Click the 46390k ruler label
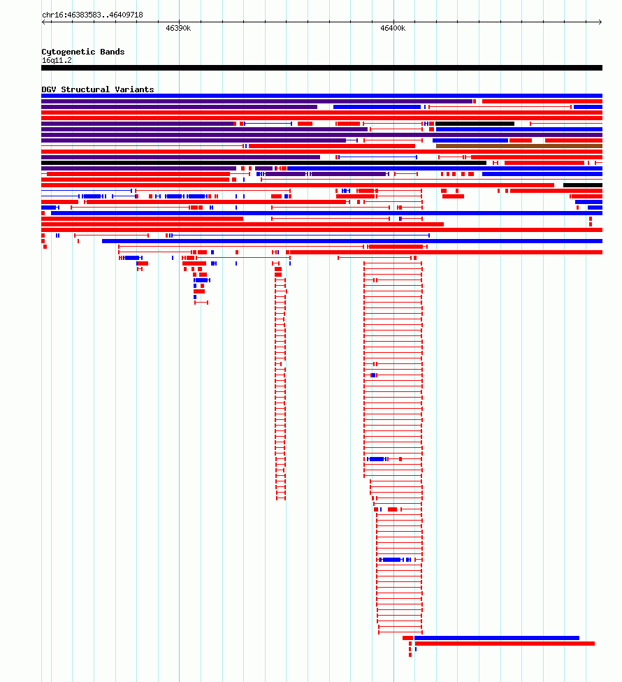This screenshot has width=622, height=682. (178, 28)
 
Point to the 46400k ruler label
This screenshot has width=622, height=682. (393, 28)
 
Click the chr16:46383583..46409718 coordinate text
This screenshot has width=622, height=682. (93, 15)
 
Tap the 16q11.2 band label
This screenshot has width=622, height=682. (57, 61)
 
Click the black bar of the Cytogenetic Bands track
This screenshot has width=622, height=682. (322, 68)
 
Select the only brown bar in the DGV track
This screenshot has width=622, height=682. (519, 146)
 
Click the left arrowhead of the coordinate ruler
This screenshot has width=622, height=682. (43, 22)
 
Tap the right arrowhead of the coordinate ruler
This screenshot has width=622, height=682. (600, 22)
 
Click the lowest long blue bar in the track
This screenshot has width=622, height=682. (497, 638)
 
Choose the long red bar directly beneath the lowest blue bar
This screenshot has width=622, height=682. (505, 644)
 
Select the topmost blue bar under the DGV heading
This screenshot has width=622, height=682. (322, 96)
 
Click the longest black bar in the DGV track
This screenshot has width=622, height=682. (263, 163)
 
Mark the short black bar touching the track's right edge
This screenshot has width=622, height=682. (583, 185)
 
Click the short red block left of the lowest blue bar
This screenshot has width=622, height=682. (407, 638)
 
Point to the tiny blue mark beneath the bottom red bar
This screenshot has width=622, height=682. (416, 649)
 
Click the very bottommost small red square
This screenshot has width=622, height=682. (410, 655)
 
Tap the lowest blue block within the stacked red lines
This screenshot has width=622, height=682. (391, 560)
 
